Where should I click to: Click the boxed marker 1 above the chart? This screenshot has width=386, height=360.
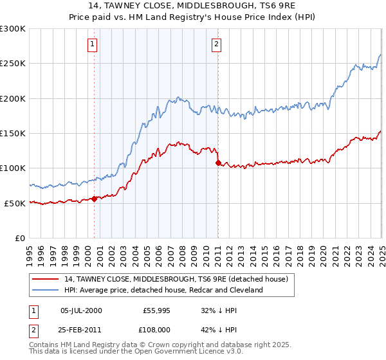[93, 44]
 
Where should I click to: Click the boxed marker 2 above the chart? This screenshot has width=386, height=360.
[216, 44]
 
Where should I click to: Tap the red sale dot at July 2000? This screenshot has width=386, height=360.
[94, 199]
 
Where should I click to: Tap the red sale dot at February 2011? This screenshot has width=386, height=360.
[217, 163]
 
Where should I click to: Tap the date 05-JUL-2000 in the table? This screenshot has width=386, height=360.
[81, 310]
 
